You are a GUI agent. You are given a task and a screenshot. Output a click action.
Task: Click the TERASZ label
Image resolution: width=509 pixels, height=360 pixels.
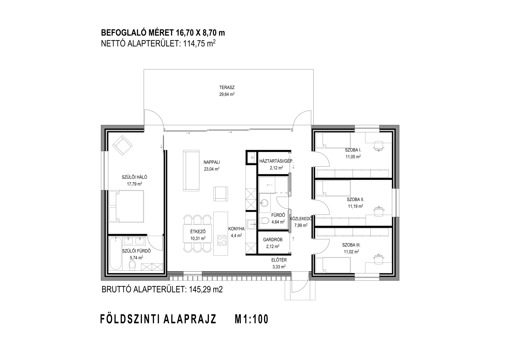227,87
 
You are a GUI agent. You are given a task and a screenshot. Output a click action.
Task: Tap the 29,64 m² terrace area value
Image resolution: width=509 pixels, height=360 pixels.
227,94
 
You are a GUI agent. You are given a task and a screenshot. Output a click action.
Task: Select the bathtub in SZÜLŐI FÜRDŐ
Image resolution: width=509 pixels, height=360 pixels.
116,254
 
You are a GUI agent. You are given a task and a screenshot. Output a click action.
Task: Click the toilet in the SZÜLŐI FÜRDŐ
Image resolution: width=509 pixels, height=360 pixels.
132,266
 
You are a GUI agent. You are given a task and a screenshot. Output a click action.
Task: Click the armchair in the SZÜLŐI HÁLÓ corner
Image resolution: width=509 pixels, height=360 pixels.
122,145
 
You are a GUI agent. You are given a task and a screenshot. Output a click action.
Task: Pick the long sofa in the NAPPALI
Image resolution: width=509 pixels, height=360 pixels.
191,170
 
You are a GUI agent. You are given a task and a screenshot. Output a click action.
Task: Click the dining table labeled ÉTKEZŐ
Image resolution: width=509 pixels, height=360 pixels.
198,233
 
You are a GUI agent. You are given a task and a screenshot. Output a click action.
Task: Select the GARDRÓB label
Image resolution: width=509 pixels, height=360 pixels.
273,240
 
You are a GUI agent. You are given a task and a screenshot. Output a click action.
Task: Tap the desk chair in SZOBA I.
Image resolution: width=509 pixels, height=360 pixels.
379,146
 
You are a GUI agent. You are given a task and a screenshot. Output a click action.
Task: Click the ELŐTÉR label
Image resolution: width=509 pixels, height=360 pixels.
277,260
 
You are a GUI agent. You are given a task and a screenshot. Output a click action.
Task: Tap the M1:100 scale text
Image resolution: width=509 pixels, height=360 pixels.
252,319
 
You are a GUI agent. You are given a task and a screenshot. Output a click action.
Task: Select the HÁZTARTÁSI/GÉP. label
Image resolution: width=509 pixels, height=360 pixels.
277,161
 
